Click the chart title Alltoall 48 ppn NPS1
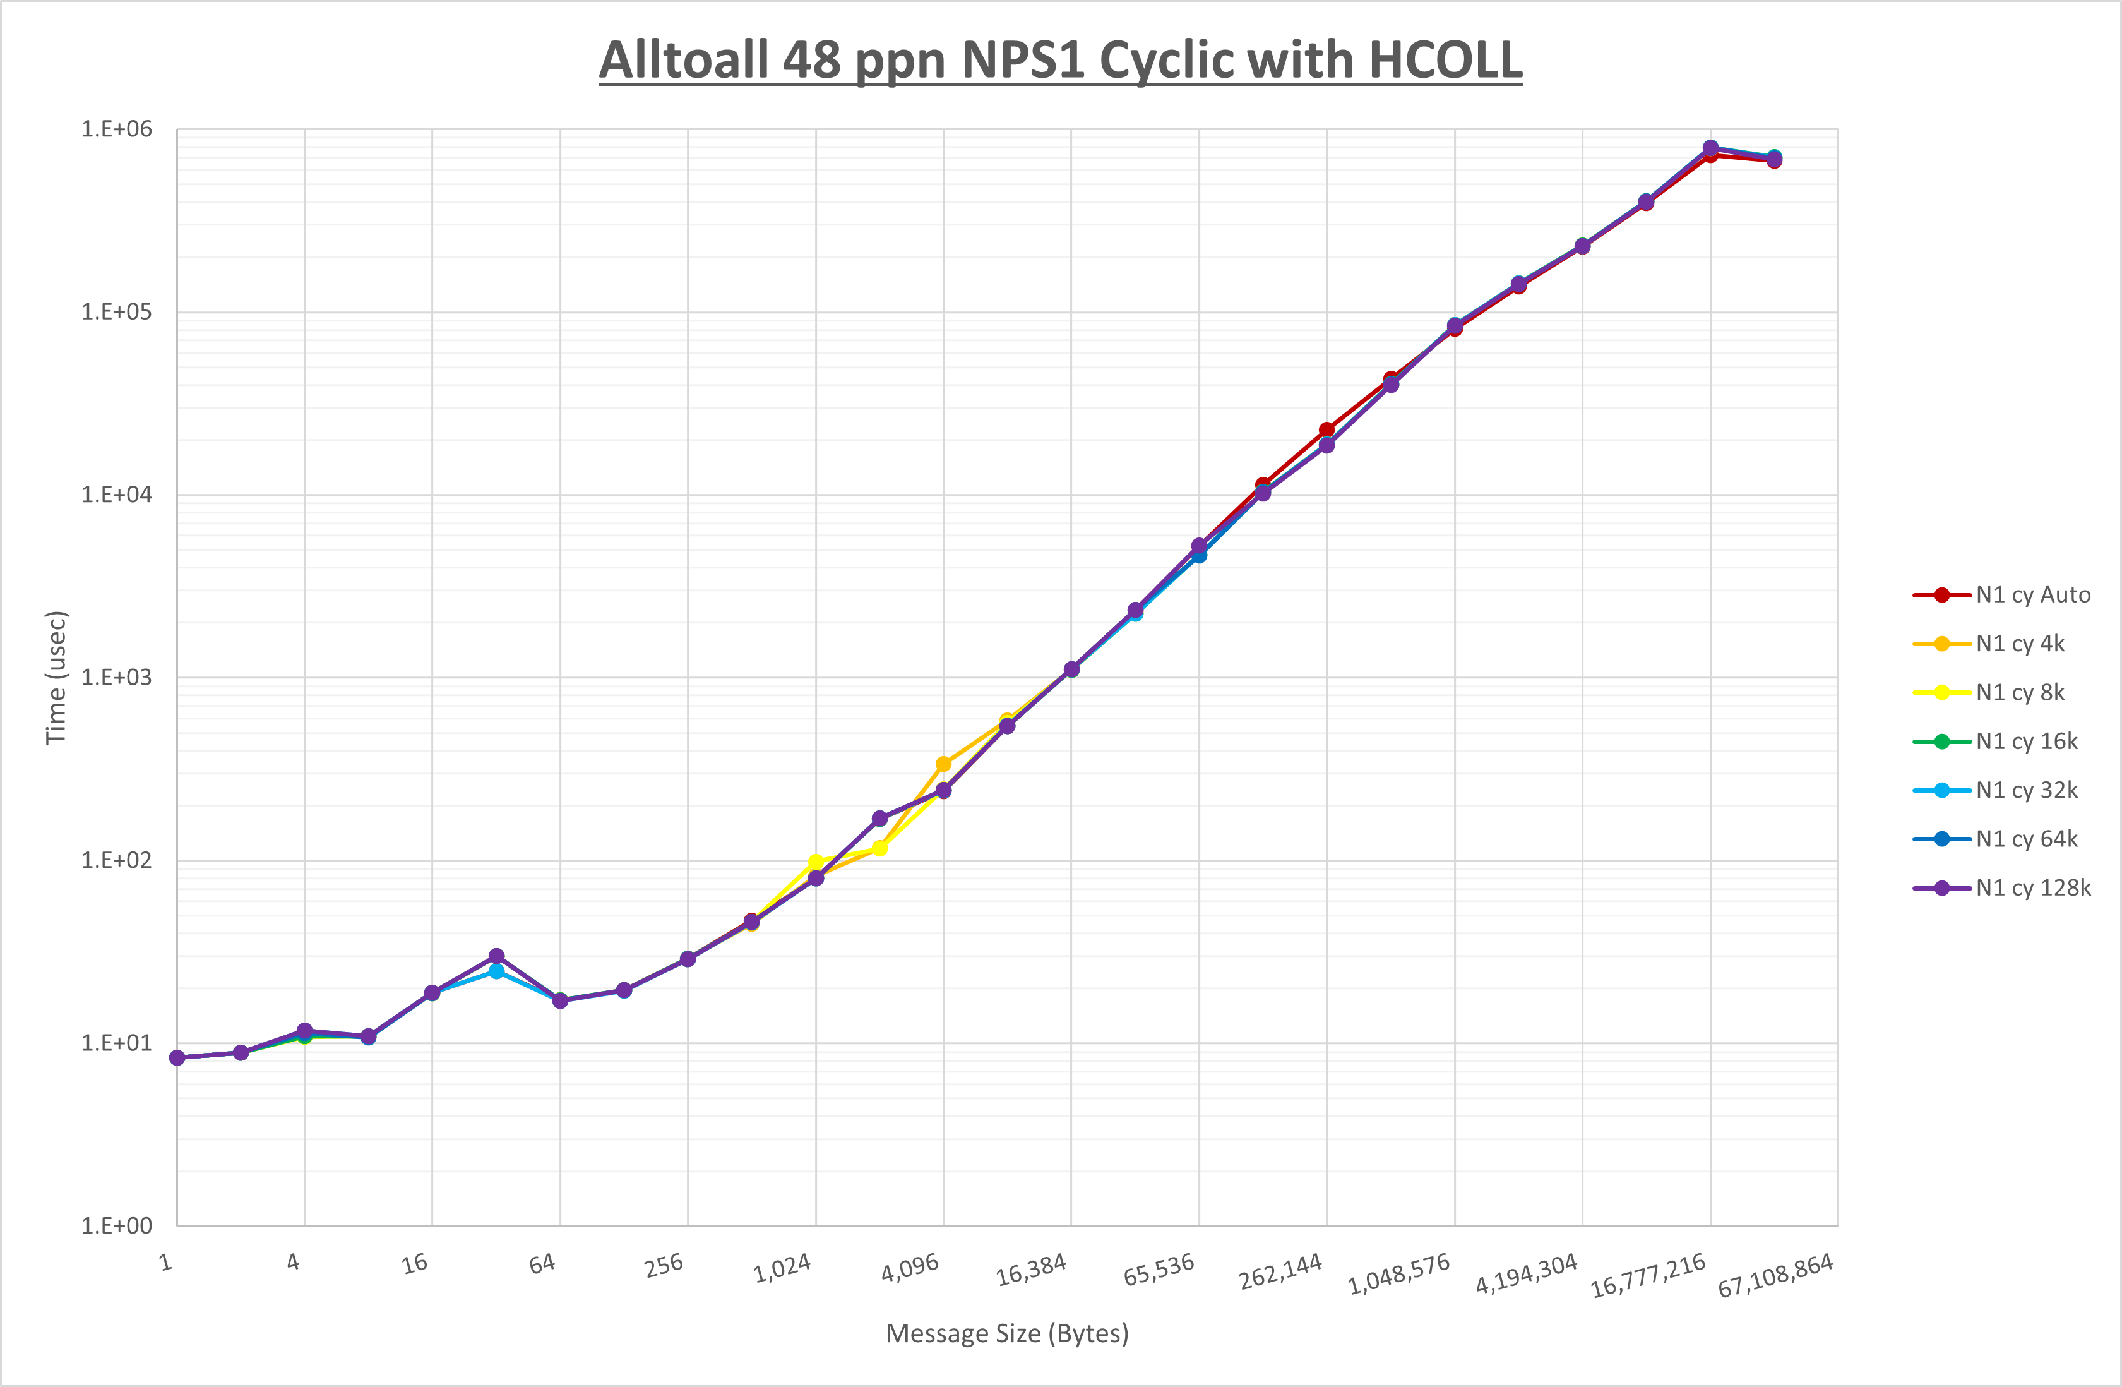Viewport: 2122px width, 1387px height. click(x=1060, y=61)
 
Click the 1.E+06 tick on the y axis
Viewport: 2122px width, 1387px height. click(x=117, y=129)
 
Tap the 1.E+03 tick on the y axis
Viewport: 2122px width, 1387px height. click(x=117, y=677)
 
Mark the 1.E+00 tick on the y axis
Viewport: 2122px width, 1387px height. click(x=117, y=1225)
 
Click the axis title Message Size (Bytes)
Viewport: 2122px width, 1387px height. click(x=1006, y=1333)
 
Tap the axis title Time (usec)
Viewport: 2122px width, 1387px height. click(x=56, y=677)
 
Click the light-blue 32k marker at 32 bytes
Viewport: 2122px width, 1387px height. click(x=497, y=971)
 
